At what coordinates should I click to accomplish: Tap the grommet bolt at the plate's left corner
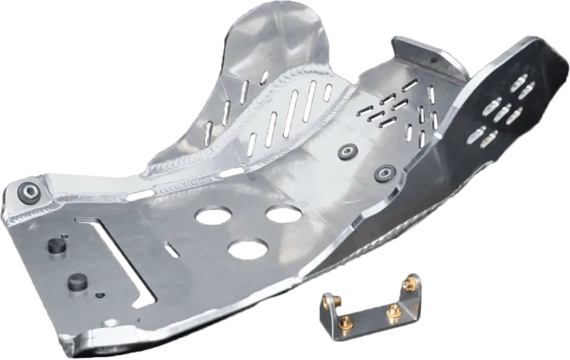point(29,191)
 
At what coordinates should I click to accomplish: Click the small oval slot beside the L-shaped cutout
point(172,250)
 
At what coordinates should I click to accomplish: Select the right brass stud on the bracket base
point(392,311)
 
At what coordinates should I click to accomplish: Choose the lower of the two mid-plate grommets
point(385,172)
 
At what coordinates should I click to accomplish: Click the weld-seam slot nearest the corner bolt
point(140,195)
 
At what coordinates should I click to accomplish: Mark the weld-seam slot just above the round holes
point(230,173)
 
